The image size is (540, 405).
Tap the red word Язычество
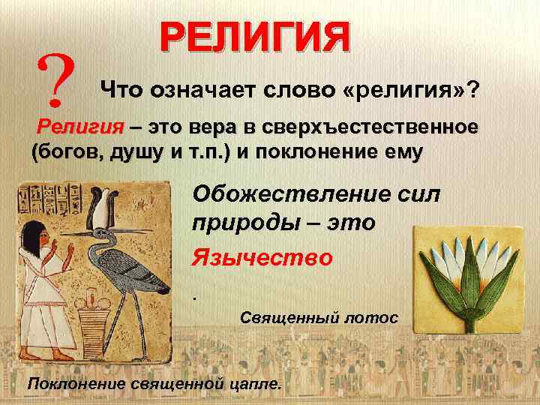point(262,257)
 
